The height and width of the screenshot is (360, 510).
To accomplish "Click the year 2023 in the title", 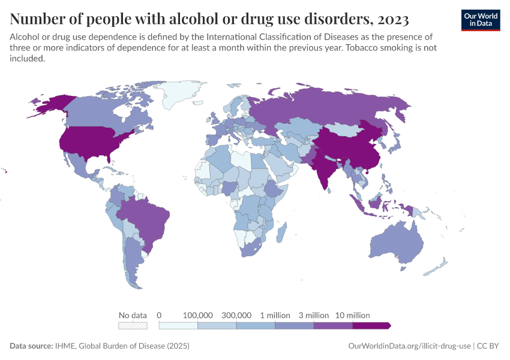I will [394, 19].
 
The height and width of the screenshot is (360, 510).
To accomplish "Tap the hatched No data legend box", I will [133, 326].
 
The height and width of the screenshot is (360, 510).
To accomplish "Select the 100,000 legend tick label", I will [197, 315].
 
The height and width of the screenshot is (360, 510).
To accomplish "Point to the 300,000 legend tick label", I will [236, 315].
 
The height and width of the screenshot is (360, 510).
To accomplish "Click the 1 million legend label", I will [275, 315].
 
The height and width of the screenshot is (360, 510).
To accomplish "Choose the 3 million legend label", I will [314, 315].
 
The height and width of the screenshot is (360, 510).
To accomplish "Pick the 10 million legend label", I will [353, 315].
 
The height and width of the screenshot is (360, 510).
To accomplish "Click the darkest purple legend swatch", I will [371, 326].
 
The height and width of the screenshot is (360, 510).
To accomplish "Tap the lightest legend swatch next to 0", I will [178, 326].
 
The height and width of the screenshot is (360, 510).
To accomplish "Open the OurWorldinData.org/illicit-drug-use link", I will [410, 346].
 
